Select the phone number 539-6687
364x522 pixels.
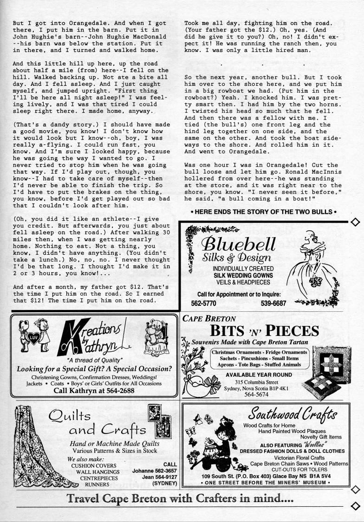click(273, 303)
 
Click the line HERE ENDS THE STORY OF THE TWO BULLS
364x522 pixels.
click(263, 212)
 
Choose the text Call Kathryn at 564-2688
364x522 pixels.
click(94, 391)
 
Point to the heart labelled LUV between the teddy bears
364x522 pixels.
click(33, 336)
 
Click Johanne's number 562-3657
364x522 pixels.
click(155, 470)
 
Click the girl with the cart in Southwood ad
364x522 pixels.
click(218, 443)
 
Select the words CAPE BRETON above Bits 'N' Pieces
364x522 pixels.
click(209, 319)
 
